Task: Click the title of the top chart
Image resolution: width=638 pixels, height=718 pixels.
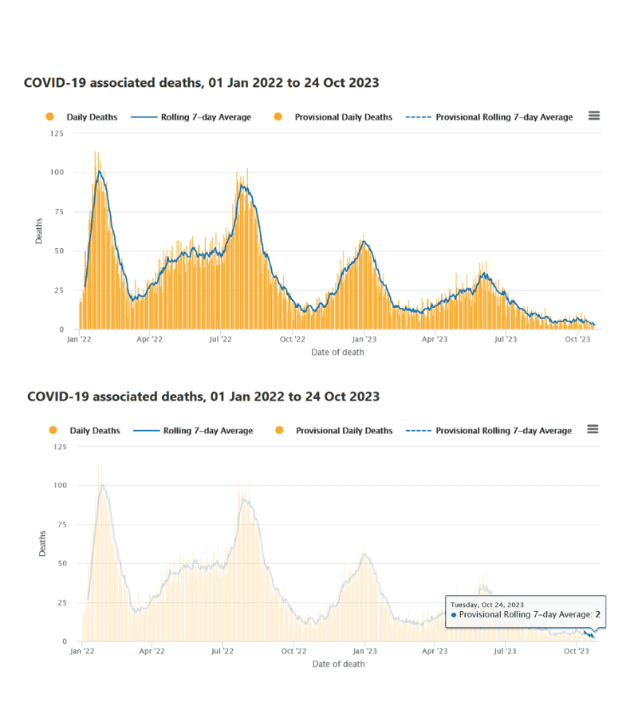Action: [201, 83]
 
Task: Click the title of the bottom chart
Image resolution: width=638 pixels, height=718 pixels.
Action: [203, 396]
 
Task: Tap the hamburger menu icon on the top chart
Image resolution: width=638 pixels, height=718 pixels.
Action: [594, 116]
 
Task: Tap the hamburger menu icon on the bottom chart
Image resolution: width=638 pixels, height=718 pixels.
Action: [593, 429]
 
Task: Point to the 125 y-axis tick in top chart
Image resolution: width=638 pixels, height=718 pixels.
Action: [57, 133]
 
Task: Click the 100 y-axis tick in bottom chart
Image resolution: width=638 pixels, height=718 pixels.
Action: [60, 485]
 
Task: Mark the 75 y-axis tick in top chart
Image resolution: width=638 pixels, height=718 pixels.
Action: [59, 211]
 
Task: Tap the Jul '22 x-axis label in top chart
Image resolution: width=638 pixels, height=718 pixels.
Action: [220, 339]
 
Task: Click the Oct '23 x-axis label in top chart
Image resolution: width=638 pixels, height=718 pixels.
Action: [577, 339]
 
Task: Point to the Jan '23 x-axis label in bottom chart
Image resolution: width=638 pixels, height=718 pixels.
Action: [365, 652]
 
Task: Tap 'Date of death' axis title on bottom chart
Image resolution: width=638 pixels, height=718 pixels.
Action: [338, 664]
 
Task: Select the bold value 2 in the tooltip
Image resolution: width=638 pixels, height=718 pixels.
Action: [597, 615]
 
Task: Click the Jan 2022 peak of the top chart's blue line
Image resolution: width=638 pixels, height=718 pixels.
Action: [100, 171]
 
